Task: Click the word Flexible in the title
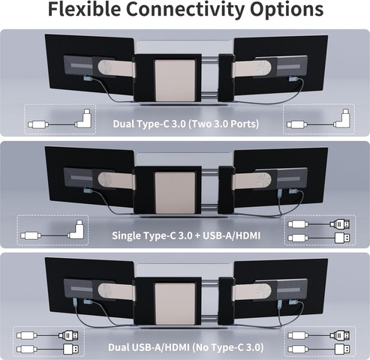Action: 84,9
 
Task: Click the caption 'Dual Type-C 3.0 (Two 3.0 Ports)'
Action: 185,124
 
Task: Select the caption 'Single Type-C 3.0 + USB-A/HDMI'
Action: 186,235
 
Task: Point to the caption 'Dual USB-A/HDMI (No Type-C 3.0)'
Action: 185,347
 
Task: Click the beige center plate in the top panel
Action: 175,80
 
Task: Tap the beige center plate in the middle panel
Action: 175,192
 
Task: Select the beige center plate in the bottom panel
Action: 175,304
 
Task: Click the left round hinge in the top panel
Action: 106,68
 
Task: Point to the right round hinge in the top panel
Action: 263,68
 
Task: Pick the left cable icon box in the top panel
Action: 60,119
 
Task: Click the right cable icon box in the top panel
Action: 319,119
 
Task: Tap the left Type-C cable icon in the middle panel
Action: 52,230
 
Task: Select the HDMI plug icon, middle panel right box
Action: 341,224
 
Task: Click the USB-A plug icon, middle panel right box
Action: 342,238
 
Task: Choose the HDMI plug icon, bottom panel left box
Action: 68,335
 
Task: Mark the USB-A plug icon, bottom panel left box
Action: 71,349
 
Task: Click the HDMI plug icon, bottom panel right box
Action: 341,335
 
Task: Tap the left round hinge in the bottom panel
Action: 106,292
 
